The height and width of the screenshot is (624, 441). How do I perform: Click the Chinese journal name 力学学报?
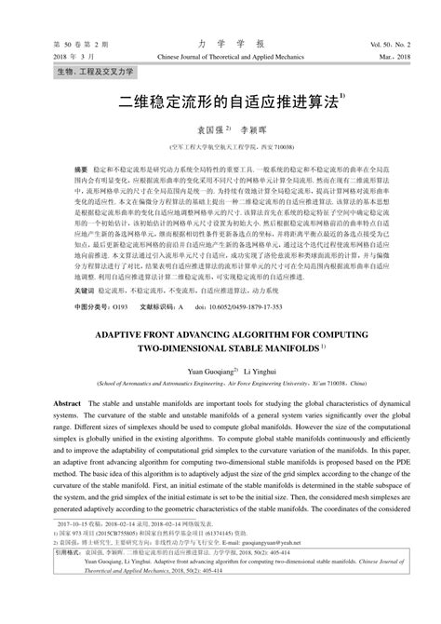220,44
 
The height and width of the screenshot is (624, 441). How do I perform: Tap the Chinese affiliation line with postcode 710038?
220,147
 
